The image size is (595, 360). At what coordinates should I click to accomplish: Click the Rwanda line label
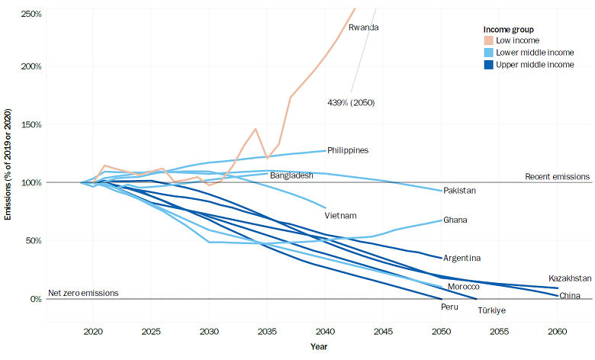tap(364, 28)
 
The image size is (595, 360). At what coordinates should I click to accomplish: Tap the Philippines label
tap(348, 150)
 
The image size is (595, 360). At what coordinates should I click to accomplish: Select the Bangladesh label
tap(291, 175)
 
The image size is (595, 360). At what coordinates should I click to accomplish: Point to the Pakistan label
tap(459, 190)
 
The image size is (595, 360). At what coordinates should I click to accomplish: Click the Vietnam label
tap(341, 215)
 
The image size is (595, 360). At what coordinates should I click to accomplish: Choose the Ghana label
tap(455, 220)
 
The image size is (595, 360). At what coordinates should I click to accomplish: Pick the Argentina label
tap(462, 259)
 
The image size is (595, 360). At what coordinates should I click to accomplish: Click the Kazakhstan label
tap(570, 278)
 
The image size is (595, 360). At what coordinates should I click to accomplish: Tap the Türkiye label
tap(492, 310)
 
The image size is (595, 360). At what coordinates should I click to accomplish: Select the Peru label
tap(449, 307)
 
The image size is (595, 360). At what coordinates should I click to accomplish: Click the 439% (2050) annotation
tap(350, 102)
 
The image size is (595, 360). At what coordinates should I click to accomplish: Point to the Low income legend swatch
tap(490, 40)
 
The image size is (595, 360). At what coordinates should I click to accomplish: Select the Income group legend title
tap(508, 29)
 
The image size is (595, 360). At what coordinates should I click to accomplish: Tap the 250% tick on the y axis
tap(31, 14)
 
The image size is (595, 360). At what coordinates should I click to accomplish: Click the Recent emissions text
tap(558, 177)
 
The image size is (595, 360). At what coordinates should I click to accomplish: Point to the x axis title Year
tap(319, 347)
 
